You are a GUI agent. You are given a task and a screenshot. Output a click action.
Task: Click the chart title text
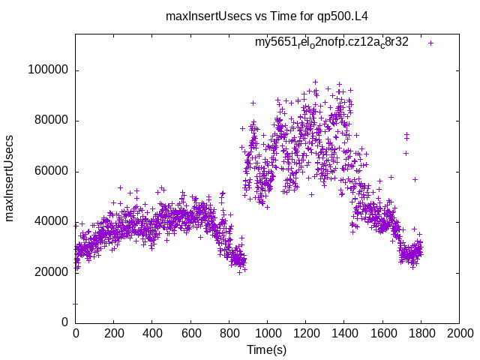[266, 15]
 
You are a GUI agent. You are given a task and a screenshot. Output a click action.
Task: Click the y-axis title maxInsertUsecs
[10, 178]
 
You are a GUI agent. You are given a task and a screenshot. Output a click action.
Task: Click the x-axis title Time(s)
[266, 349]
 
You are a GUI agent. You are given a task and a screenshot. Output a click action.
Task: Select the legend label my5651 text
[331, 42]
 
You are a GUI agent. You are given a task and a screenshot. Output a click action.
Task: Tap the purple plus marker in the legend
[430, 43]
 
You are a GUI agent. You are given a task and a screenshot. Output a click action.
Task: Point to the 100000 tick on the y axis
[48, 70]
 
